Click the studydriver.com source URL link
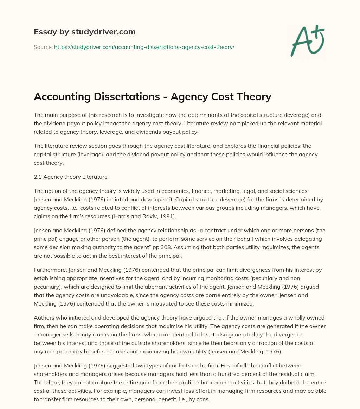click(144, 47)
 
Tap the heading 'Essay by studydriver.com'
click(85, 32)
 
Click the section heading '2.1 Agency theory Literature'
click(70, 177)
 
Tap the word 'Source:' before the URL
click(43, 47)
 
